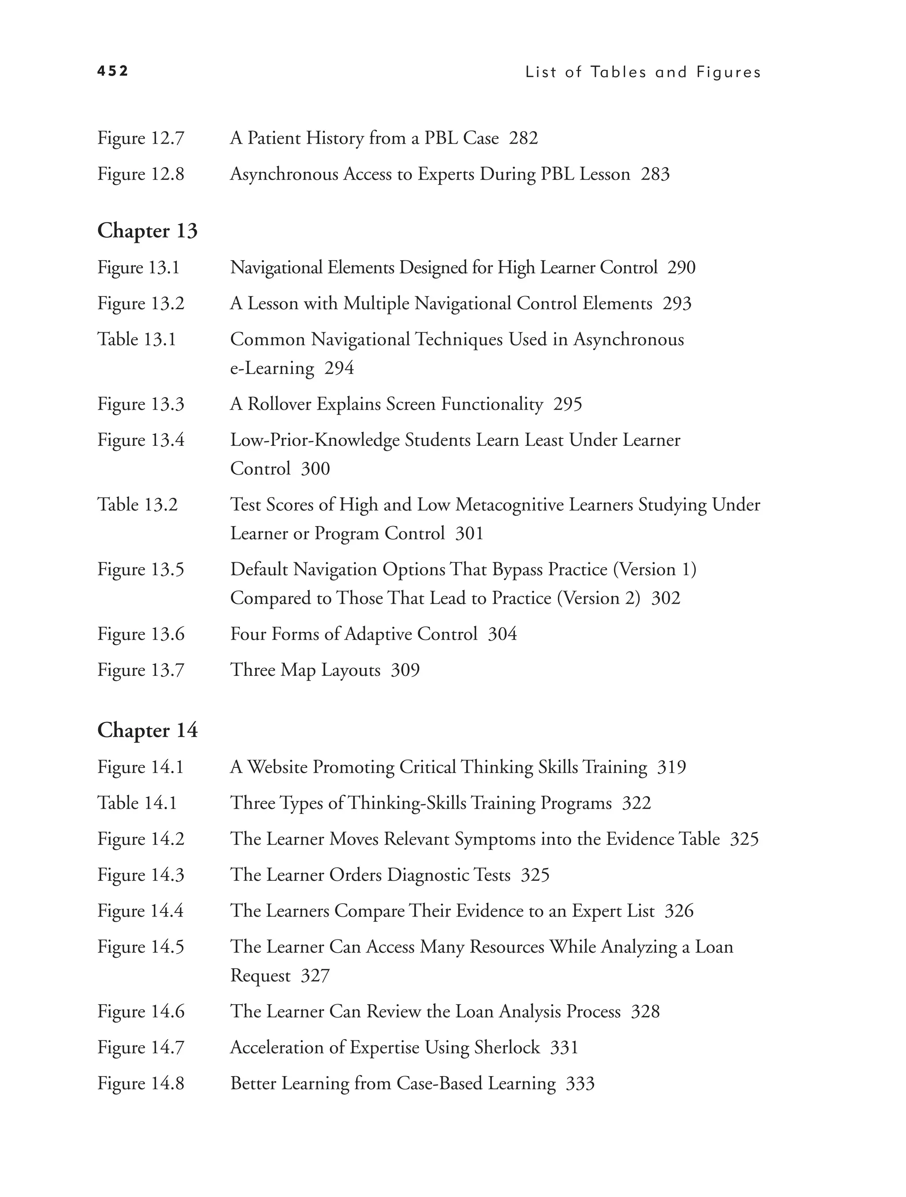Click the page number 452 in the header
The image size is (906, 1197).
112,71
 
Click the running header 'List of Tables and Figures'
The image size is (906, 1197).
643,73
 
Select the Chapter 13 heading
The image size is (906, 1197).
147,230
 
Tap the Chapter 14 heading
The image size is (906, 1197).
147,730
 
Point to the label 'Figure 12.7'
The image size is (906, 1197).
141,138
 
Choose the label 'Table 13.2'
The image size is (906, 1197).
137,505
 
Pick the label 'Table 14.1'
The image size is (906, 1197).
137,802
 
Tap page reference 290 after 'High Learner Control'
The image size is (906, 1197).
681,267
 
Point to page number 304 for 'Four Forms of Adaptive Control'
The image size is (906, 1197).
502,634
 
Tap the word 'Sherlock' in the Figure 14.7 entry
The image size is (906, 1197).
507,1047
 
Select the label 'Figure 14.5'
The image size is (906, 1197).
141,947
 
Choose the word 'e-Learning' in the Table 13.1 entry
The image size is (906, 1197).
272,368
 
